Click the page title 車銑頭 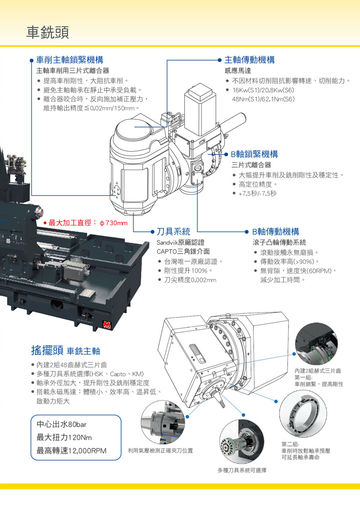[x=47, y=32]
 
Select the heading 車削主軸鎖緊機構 [x=70, y=60]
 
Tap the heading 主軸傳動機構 [x=250, y=60]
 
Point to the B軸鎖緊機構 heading [x=254, y=154]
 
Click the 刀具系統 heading [x=174, y=232]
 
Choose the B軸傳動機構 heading [x=276, y=232]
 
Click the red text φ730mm [x=113, y=223]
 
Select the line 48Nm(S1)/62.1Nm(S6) [x=263, y=99]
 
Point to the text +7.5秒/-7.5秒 [x=257, y=193]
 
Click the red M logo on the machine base [x=107, y=324]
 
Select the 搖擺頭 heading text [x=47, y=350]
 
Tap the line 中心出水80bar [x=61, y=424]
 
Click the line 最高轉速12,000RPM [x=72, y=451]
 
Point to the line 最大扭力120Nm [x=64, y=438]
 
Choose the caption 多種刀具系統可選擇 [x=242, y=470]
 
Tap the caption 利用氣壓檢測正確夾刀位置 [x=161, y=451]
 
